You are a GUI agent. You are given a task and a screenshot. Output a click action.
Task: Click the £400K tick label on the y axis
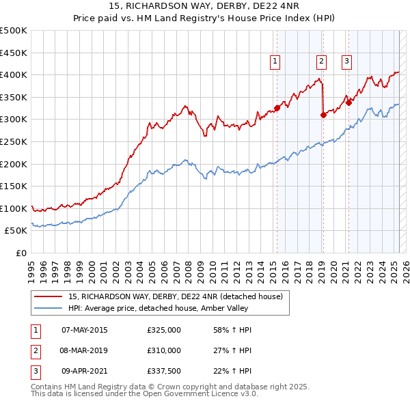point(14,74)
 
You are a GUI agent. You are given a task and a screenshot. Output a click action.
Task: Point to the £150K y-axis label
point(14,186)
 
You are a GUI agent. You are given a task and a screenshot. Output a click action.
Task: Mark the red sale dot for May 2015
point(277,108)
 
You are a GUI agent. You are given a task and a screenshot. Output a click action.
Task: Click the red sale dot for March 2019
point(323,115)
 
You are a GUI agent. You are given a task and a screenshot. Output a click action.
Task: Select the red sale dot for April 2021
point(348,102)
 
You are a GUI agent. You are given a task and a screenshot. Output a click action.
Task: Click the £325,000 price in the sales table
point(164,330)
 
